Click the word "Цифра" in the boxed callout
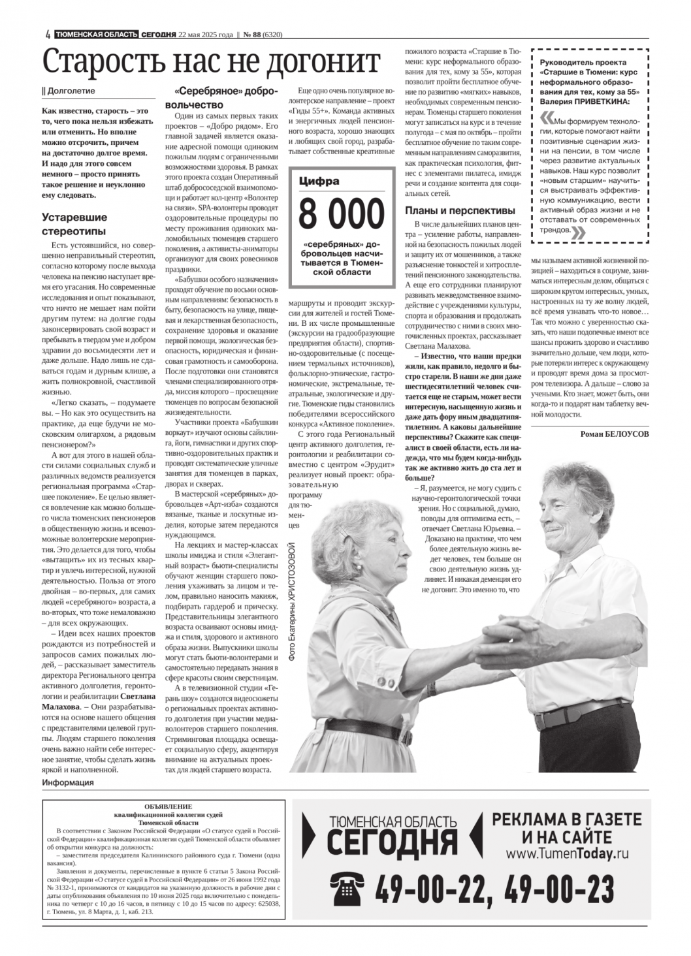tap(319, 182)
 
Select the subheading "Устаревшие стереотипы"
tap(74, 224)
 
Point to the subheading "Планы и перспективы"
tap(460, 210)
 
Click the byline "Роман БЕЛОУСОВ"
tap(615, 434)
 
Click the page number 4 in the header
tap(48, 35)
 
